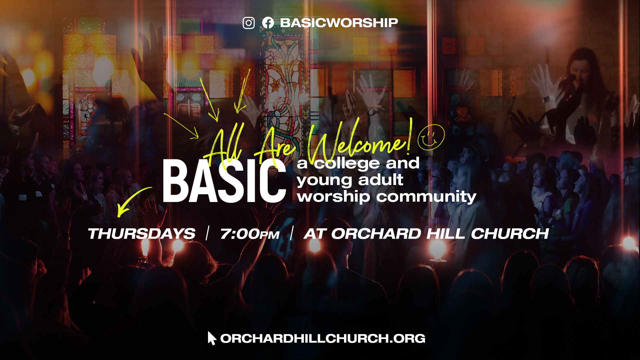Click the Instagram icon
(x=249, y=23)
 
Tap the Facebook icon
(x=268, y=23)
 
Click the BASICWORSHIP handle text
(x=339, y=23)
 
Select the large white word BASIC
(x=224, y=181)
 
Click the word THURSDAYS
(x=141, y=234)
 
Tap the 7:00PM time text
(x=250, y=234)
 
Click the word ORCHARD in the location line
(x=376, y=234)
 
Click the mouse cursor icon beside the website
(x=211, y=338)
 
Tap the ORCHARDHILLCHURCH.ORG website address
(x=323, y=338)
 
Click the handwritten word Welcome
(x=357, y=142)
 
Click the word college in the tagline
(x=347, y=163)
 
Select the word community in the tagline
(x=426, y=197)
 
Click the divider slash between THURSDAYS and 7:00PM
(x=208, y=233)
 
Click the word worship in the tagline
(x=333, y=197)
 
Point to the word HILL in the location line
(x=446, y=234)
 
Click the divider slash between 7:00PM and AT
(x=292, y=233)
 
